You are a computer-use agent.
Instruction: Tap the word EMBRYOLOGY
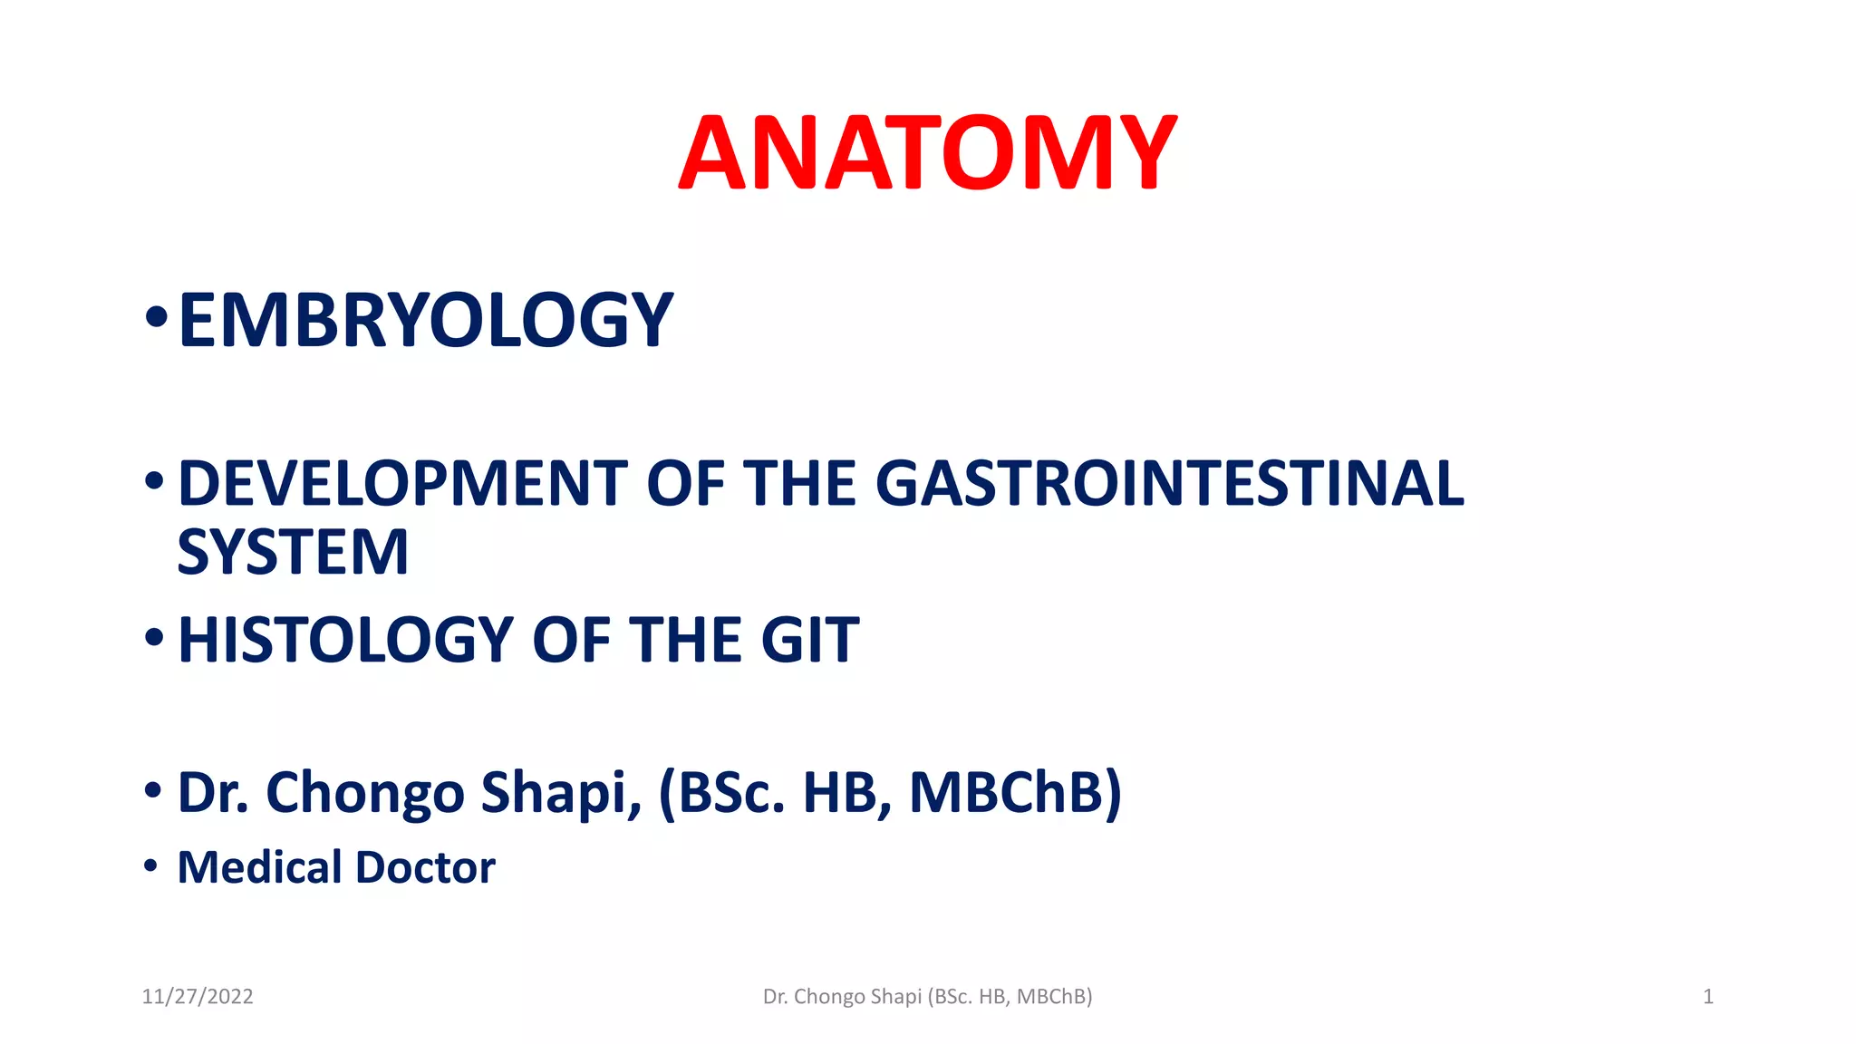click(425, 320)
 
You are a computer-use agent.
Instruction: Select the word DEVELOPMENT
click(402, 483)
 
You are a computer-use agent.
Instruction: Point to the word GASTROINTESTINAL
click(1169, 483)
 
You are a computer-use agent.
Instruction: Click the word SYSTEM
click(293, 552)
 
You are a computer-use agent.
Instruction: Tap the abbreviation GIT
click(809, 641)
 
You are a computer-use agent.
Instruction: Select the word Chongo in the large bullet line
click(364, 793)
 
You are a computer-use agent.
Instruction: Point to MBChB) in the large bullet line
click(1015, 793)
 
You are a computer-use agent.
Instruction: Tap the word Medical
click(258, 867)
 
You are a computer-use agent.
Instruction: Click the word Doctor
click(425, 867)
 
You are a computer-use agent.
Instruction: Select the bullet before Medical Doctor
click(151, 866)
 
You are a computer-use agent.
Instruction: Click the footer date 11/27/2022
click(198, 997)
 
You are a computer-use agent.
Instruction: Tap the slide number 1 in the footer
click(1707, 997)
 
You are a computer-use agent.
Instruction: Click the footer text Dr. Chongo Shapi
click(842, 997)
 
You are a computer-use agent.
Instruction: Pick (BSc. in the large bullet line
click(721, 793)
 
